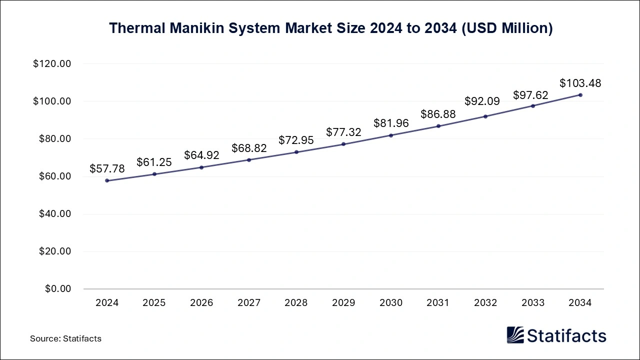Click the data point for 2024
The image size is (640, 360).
(x=107, y=180)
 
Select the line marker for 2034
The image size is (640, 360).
(x=580, y=94)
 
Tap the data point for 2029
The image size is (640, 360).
(x=343, y=144)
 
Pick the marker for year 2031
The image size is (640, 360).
(x=438, y=126)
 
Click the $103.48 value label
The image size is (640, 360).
(x=580, y=83)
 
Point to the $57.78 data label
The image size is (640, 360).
(x=107, y=169)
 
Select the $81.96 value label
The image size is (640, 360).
(x=391, y=123)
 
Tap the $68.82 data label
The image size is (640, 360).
(x=249, y=148)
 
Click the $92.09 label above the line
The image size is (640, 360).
(x=482, y=101)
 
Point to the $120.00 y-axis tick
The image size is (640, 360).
(x=52, y=64)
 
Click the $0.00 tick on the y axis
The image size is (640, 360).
(x=58, y=289)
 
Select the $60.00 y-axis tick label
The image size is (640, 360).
(x=54, y=176)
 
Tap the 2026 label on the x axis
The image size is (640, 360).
(x=201, y=303)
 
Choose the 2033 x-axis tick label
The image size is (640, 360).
(x=533, y=303)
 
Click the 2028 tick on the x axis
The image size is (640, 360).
(x=296, y=303)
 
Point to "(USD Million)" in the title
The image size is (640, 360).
(x=506, y=28)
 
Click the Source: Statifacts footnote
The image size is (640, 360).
(x=65, y=338)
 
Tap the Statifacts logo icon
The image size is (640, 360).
(x=515, y=335)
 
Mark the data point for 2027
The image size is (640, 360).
(x=249, y=160)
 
